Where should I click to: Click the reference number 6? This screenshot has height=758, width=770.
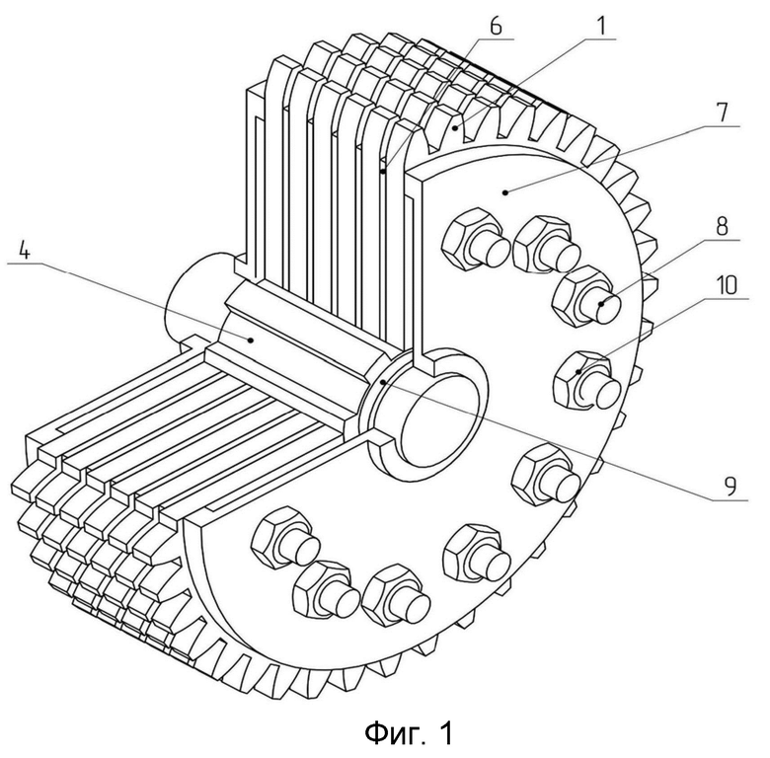pyautogui.click(x=496, y=25)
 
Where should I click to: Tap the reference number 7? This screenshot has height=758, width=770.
pyautogui.click(x=721, y=113)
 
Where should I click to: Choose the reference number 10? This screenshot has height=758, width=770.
pyautogui.click(x=727, y=284)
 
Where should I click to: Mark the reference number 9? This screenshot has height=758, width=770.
pyautogui.click(x=731, y=487)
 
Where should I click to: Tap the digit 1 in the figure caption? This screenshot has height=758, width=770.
pyautogui.click(x=445, y=732)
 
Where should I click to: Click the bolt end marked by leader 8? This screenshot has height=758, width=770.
pyautogui.click(x=604, y=304)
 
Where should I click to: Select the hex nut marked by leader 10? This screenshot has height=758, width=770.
pyautogui.click(x=579, y=379)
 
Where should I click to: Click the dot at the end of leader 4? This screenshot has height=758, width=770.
pyautogui.click(x=251, y=340)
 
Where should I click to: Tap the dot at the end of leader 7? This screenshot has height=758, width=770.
pyautogui.click(x=505, y=192)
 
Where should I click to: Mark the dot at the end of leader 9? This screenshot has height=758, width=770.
pyautogui.click(x=384, y=381)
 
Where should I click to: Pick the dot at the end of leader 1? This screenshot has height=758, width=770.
pyautogui.click(x=456, y=127)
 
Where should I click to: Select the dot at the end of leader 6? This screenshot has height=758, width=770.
pyautogui.click(x=383, y=172)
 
